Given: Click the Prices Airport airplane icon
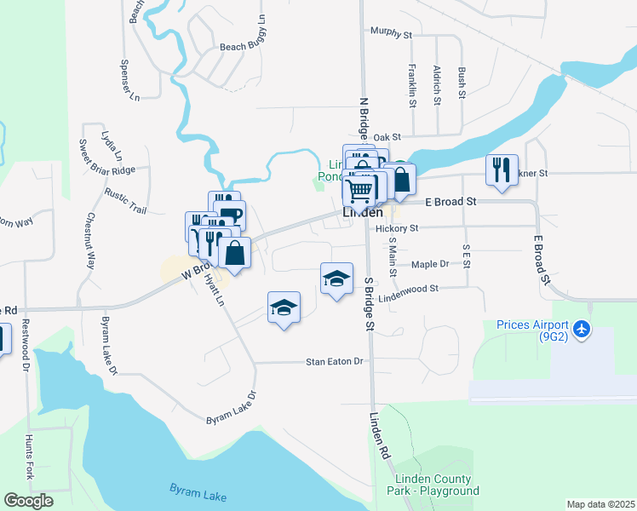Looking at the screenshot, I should pyautogui.click(x=582, y=329).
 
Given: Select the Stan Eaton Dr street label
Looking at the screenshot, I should pyautogui.click(x=335, y=362).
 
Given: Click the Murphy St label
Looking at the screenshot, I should pyautogui.click(x=391, y=32).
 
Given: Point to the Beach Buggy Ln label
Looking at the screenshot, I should pyautogui.click(x=244, y=47).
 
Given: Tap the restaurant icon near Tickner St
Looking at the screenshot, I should pyautogui.click(x=502, y=169).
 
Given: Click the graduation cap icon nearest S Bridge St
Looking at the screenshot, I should pyautogui.click(x=336, y=278).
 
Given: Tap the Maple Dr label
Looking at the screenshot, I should pyautogui.click(x=429, y=264).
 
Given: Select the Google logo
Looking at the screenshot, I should pyautogui.click(x=28, y=501).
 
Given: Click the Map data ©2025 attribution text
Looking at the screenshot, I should pyautogui.click(x=600, y=504).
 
